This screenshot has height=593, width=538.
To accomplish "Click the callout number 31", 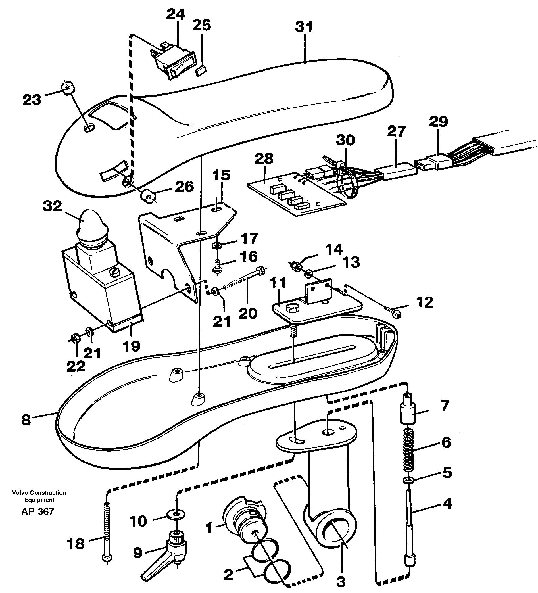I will click(x=304, y=27).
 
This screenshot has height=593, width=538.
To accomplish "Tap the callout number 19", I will click(x=131, y=346).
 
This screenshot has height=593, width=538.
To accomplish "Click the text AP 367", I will click(x=38, y=511).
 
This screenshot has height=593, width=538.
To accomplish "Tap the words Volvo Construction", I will click(x=39, y=492).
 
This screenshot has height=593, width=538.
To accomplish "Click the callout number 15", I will click(x=221, y=175).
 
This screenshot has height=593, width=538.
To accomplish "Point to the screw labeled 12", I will click(x=394, y=313).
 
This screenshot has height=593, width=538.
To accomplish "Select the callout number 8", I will click(x=26, y=420).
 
